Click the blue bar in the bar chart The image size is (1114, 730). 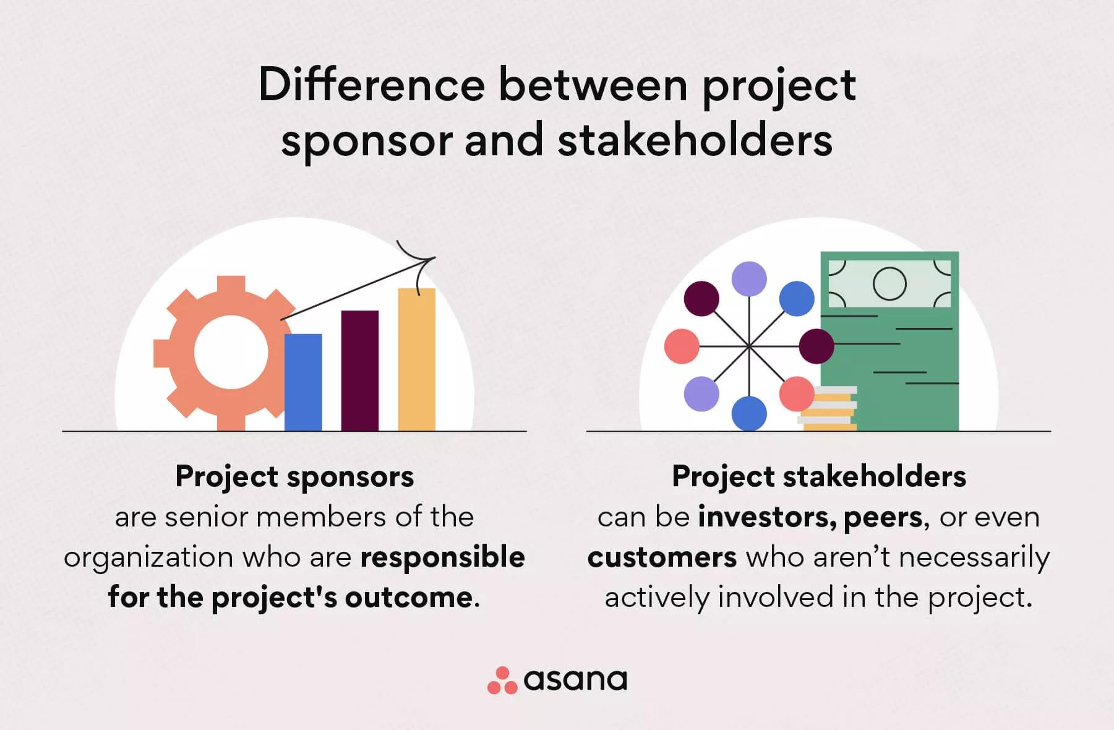point(303,382)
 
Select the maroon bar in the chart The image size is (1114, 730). point(360,371)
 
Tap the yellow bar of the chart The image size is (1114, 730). point(416,359)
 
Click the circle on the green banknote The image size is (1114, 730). point(889,284)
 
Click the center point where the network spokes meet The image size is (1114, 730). point(749,346)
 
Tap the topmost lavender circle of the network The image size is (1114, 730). point(749,279)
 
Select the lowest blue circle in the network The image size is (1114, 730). point(749,413)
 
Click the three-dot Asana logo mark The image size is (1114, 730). point(502,681)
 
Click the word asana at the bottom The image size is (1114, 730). point(575,680)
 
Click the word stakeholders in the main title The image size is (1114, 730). point(695,140)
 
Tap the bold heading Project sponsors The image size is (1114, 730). point(294,477)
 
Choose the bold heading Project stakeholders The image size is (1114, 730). point(819,477)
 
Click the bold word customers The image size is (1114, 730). point(662,557)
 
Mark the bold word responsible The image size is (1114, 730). point(443,557)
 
